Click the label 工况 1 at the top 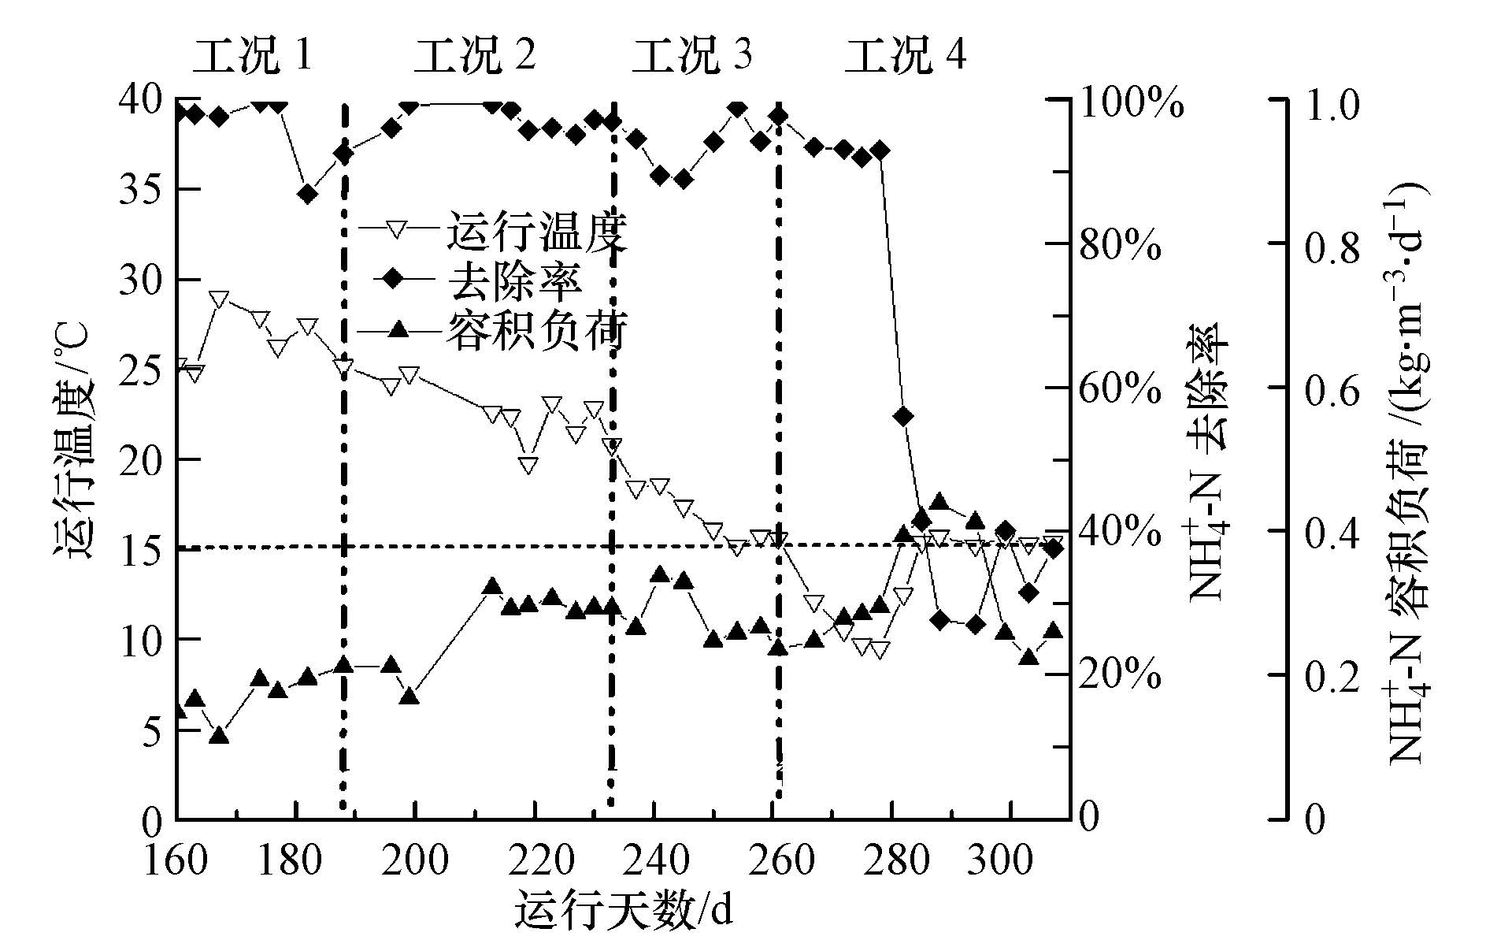[254, 55]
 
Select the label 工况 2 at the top [475, 55]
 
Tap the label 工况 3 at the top [692, 55]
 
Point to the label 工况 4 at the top [906, 55]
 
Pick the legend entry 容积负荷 [537, 330]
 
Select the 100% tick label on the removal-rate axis [1131, 103]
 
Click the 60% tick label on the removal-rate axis [1119, 388]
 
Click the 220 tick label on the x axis [535, 860]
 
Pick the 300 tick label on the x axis [1012, 860]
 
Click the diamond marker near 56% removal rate [903, 416]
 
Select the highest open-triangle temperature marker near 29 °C [219, 299]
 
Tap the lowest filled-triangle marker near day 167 [219, 735]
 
